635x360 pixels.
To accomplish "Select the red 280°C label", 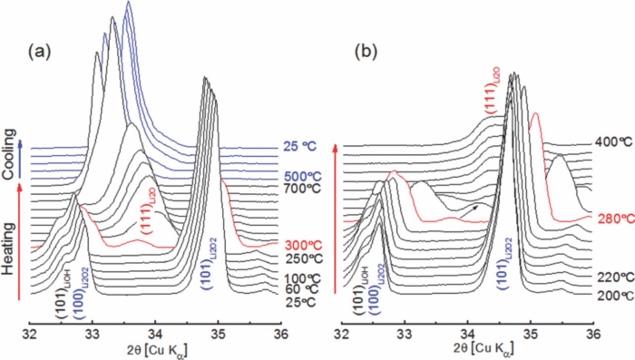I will [615, 219].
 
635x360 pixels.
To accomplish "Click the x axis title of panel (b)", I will [467, 352].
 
